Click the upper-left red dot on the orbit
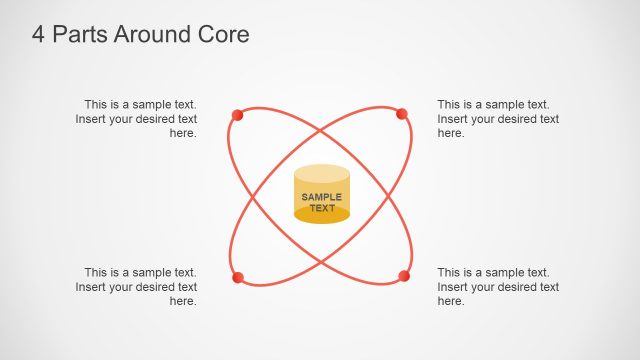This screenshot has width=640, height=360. click(x=237, y=115)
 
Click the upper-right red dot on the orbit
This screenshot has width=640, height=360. click(x=402, y=114)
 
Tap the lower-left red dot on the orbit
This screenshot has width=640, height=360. click(x=237, y=277)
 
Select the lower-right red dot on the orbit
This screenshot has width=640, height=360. click(x=404, y=276)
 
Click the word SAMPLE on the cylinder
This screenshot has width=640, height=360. click(x=322, y=197)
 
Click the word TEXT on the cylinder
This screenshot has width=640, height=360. click(x=322, y=208)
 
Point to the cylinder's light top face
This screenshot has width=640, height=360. click(x=322, y=174)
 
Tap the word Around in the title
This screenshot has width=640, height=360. click(x=151, y=35)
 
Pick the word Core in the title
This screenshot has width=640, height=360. click(x=223, y=35)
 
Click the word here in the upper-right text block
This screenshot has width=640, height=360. click(x=451, y=133)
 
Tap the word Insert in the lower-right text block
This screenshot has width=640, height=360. click(x=453, y=287)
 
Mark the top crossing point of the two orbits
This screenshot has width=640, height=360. click(x=320, y=131)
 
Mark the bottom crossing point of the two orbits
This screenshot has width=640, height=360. click(x=320, y=260)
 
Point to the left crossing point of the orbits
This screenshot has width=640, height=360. click(x=256, y=196)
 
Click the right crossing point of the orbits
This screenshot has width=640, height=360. click(x=385, y=196)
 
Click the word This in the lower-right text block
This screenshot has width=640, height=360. click(x=449, y=272)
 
